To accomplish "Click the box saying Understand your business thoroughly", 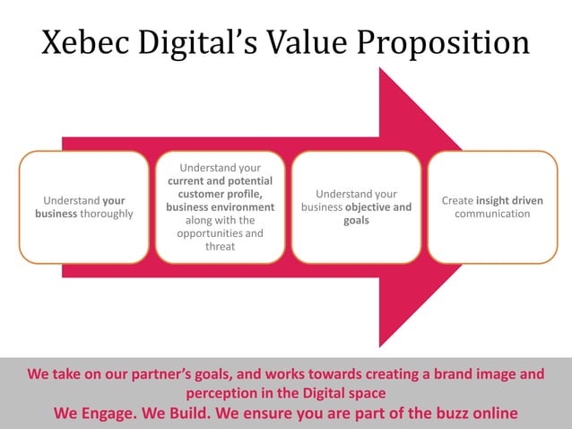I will (x=83, y=206).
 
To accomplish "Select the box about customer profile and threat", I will (x=220, y=206).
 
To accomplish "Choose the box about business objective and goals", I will (x=356, y=206).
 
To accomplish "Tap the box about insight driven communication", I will (x=491, y=206).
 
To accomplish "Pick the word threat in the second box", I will (x=220, y=247).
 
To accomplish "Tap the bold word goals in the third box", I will (x=356, y=220).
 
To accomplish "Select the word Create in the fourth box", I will (x=456, y=200).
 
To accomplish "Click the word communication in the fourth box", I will (x=492, y=214).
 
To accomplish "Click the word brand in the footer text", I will (x=446, y=374).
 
